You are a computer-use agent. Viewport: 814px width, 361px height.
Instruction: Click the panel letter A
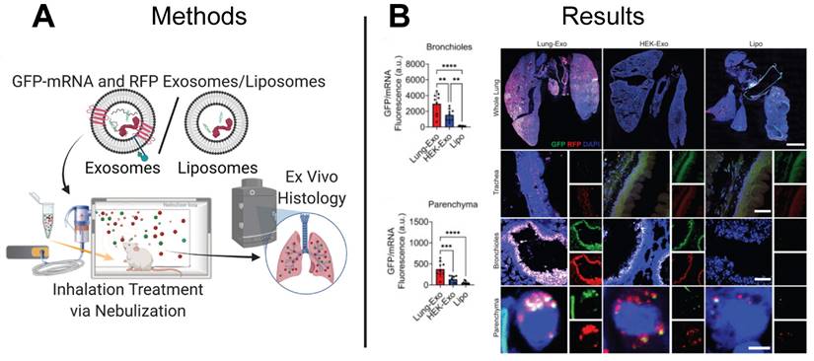pyautogui.click(x=21, y=19)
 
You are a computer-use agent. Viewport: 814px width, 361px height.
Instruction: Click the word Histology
pyautogui.click(x=299, y=202)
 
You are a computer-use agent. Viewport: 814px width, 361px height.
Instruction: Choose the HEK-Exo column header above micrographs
pyautogui.click(x=646, y=44)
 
